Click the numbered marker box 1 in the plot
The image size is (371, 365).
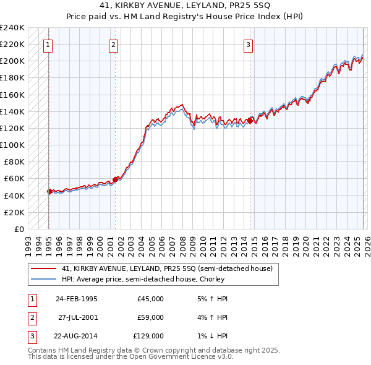point(48,44)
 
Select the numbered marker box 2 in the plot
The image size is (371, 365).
point(114,44)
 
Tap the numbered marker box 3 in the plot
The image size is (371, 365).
point(248,44)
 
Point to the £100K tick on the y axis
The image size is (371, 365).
point(12,145)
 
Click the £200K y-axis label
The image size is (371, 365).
point(12,61)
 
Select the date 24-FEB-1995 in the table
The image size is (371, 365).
point(76,299)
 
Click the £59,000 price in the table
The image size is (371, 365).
point(150,317)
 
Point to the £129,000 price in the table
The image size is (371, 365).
point(148,336)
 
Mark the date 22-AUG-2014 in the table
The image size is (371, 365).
point(76,336)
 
